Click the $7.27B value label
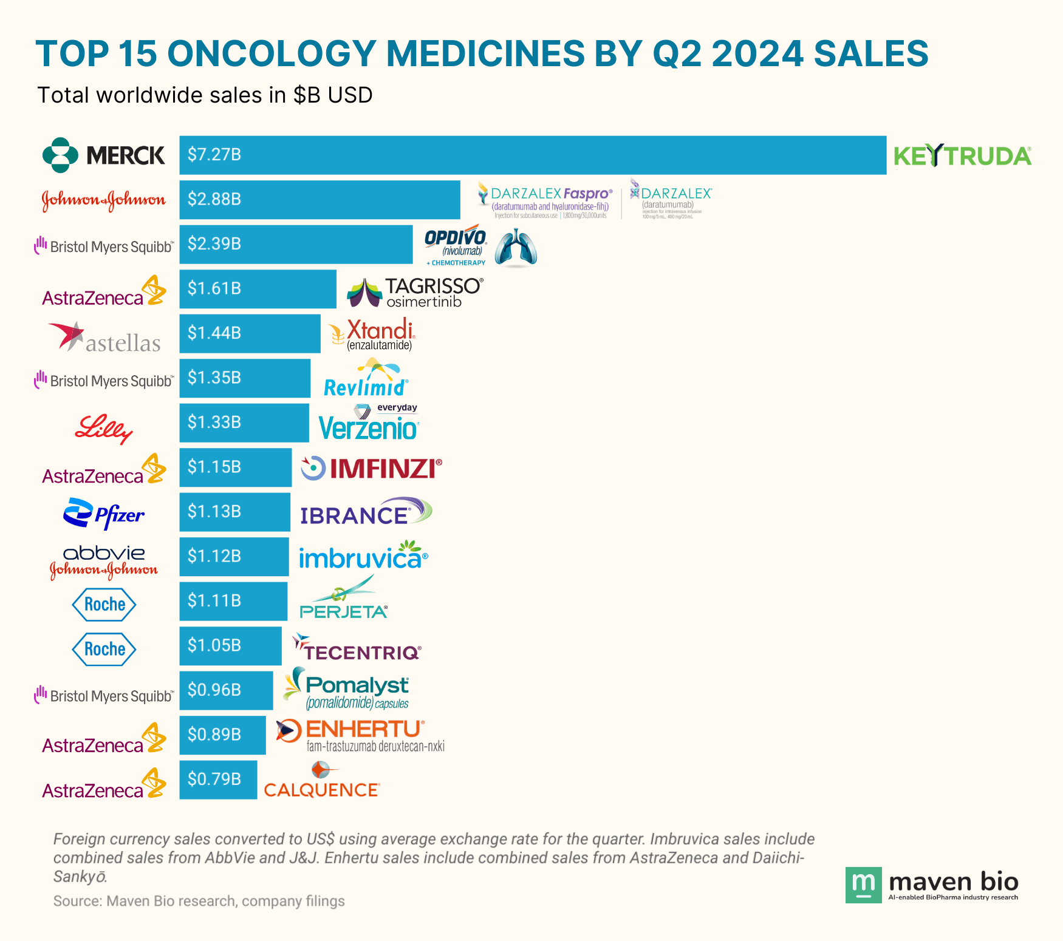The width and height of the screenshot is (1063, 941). click(214, 155)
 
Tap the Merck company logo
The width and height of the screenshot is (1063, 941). click(103, 155)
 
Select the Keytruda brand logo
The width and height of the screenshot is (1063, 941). click(962, 156)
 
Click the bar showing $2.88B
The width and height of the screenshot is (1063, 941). click(320, 200)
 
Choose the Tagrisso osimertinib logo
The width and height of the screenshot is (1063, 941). click(415, 292)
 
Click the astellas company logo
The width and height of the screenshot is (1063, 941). click(104, 338)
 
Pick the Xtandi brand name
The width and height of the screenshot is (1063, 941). click(380, 330)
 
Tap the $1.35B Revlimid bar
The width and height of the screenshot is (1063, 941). click(245, 378)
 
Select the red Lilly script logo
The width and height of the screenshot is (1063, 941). click(104, 429)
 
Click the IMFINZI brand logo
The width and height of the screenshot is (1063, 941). click(372, 469)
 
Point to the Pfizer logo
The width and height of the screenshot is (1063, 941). click(104, 514)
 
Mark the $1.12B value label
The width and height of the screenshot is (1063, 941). click(214, 556)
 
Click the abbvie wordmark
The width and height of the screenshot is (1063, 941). click(104, 552)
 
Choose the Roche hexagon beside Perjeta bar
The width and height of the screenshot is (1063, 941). click(104, 604)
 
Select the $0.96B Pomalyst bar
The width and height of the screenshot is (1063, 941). click(226, 690)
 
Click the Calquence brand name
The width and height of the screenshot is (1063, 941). click(321, 790)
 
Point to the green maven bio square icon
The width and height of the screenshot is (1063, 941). click(863, 885)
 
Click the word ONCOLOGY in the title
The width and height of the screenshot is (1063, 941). click(272, 53)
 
